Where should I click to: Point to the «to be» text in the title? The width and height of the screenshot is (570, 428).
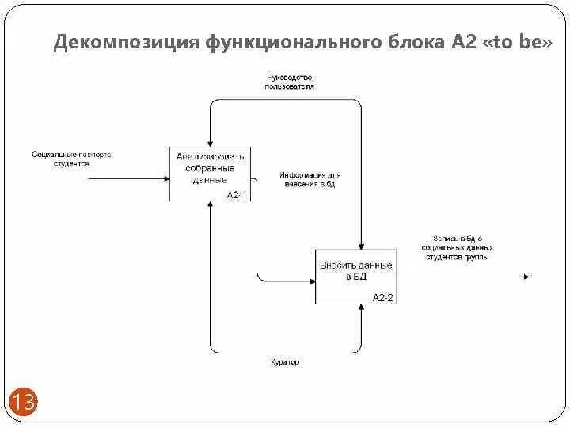(x=514, y=43)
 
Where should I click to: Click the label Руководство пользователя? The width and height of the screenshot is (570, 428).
(x=289, y=82)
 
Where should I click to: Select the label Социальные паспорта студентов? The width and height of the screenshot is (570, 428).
(x=71, y=159)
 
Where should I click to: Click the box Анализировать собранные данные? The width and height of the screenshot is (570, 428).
(x=210, y=168)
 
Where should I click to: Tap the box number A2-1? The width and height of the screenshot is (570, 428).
(x=237, y=194)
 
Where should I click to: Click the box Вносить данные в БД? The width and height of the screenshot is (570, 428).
(x=355, y=270)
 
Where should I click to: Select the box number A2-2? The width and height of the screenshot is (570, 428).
(x=383, y=297)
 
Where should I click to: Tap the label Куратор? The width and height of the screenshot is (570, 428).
(x=285, y=362)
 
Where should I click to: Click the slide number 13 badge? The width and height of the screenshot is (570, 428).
(x=23, y=403)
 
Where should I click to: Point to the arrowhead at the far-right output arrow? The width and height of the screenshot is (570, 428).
(x=526, y=277)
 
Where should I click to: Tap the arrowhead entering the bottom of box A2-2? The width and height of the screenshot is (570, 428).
(x=362, y=308)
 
